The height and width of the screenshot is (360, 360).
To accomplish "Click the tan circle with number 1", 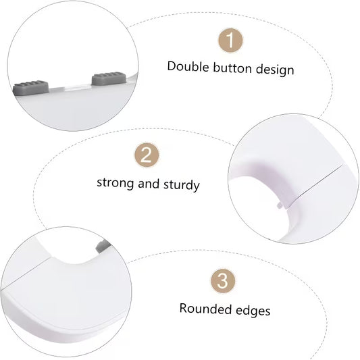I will click(x=230, y=41).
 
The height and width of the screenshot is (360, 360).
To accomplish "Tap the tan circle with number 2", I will click(x=147, y=157).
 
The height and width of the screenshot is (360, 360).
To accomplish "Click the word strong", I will click(x=116, y=183).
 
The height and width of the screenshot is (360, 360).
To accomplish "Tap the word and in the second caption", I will click(x=149, y=182).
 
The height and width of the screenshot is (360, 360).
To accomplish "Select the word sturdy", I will click(x=181, y=184).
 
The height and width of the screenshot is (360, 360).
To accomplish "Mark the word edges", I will click(x=252, y=310).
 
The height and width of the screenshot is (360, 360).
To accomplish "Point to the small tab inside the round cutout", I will click(x=280, y=201).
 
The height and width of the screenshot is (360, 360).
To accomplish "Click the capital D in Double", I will click(x=172, y=67).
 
